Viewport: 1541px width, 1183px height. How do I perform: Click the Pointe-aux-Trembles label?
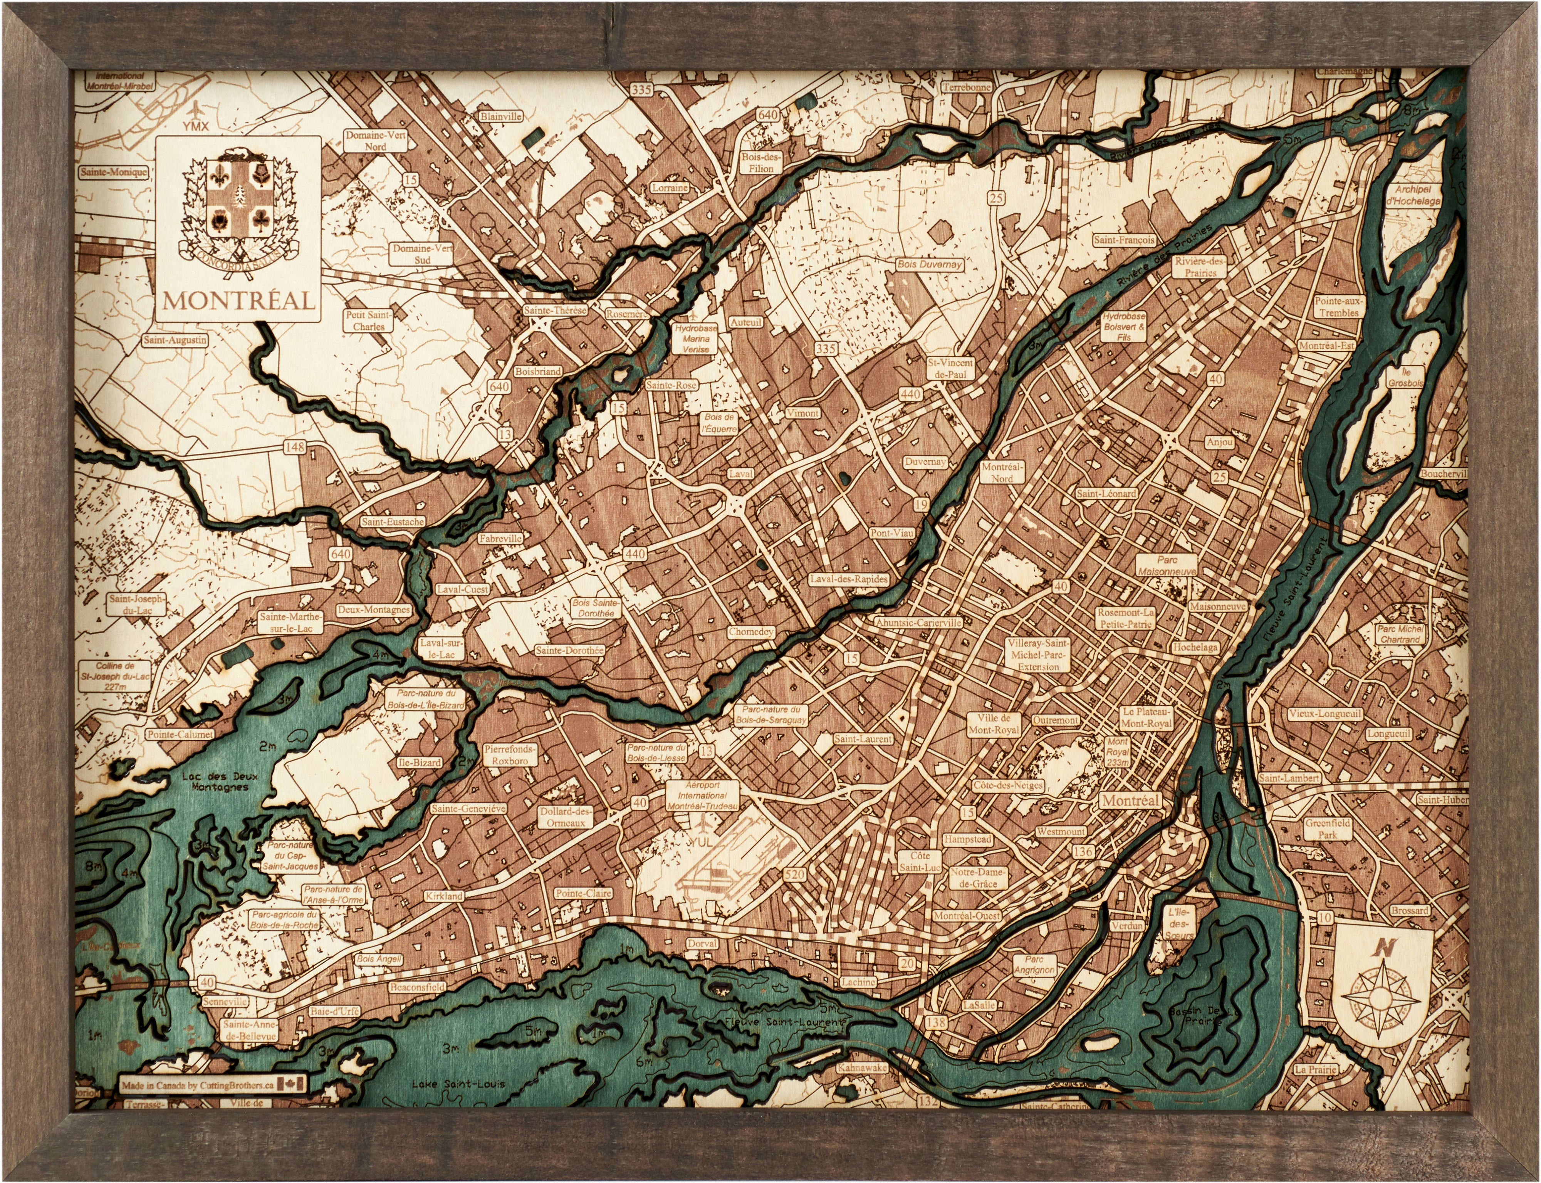[1338, 306]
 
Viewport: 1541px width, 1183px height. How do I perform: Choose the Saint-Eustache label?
[392, 522]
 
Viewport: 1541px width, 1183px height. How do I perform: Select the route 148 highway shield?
[295, 447]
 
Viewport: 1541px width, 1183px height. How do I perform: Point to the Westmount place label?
[1061, 832]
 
